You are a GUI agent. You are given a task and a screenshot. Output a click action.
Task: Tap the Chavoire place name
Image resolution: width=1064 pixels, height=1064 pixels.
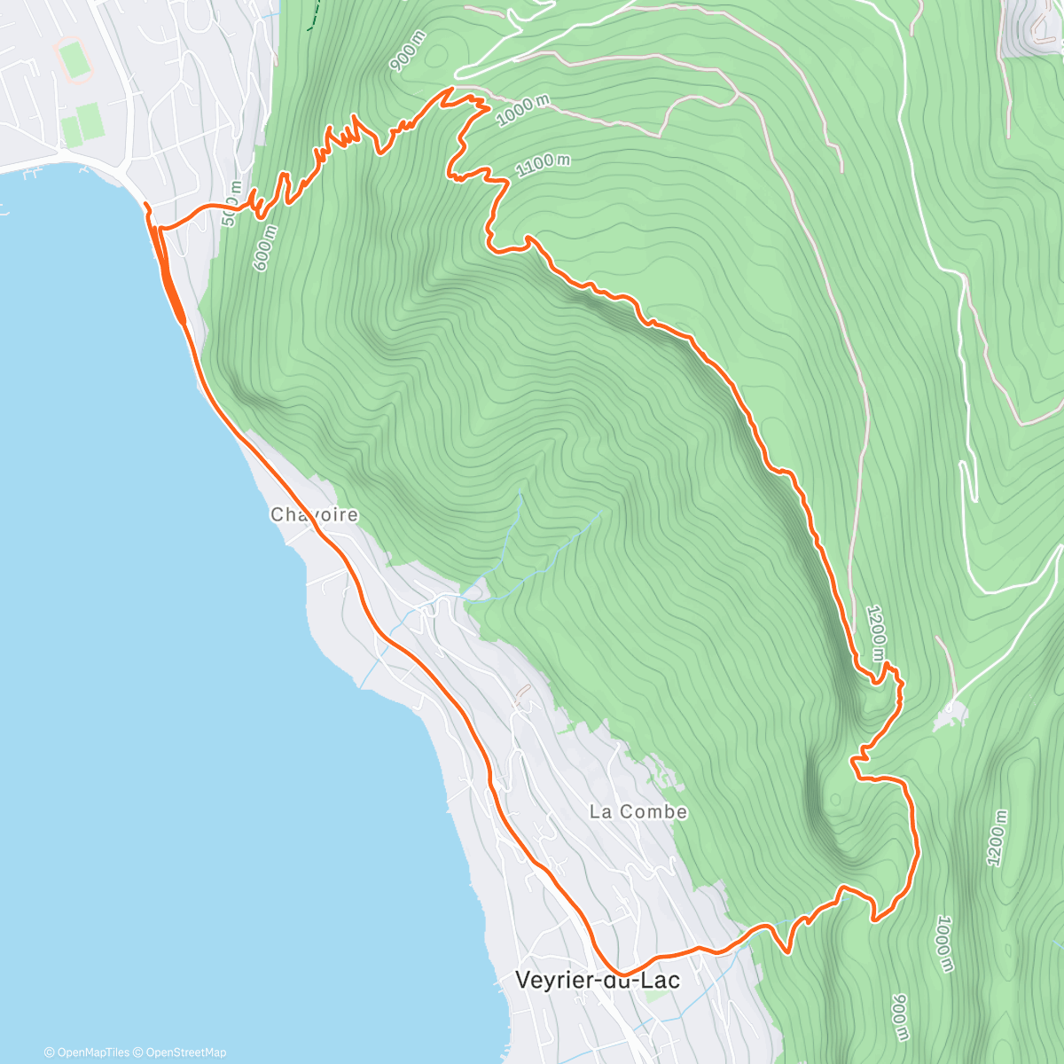click(x=314, y=514)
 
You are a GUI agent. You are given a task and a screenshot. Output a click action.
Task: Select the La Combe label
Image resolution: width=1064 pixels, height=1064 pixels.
click(x=638, y=811)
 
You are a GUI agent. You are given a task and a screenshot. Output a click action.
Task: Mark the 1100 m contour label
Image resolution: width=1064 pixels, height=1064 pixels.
click(x=543, y=165)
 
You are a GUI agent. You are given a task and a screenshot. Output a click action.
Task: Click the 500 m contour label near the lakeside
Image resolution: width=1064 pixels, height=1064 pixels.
click(x=231, y=204)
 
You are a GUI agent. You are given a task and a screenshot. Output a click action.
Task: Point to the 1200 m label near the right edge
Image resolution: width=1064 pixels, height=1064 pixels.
click(x=997, y=838)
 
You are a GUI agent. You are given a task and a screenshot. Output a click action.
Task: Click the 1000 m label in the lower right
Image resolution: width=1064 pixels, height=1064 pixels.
click(x=943, y=943)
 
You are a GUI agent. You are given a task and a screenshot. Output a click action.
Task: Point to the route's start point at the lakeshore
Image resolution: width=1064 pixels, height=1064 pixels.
click(x=146, y=206)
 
